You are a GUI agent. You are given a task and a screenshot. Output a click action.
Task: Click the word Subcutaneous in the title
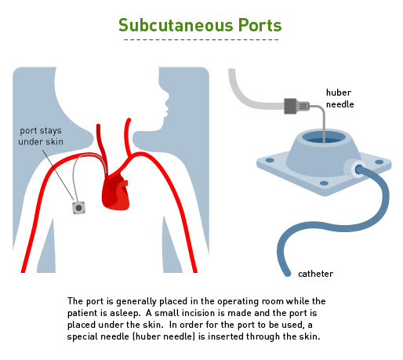(x=176, y=25)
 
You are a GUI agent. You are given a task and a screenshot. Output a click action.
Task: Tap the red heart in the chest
(x=115, y=191)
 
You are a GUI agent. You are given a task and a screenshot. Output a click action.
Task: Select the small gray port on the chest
(x=78, y=208)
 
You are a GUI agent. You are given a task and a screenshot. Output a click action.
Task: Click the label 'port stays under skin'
(x=41, y=136)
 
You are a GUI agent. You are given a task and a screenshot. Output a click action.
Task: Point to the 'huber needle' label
(x=339, y=98)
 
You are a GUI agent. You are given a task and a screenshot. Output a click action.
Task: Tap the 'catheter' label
(x=315, y=274)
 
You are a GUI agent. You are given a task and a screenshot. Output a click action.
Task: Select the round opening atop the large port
(x=324, y=137)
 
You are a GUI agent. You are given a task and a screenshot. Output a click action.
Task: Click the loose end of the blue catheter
(x=287, y=273)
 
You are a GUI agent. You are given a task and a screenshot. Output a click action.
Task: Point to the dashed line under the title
(x=201, y=40)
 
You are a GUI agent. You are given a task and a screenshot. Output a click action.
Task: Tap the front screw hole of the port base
(x=324, y=184)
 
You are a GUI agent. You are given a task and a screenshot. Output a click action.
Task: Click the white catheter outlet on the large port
(x=354, y=169)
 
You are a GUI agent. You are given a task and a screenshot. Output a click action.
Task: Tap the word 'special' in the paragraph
(x=82, y=336)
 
